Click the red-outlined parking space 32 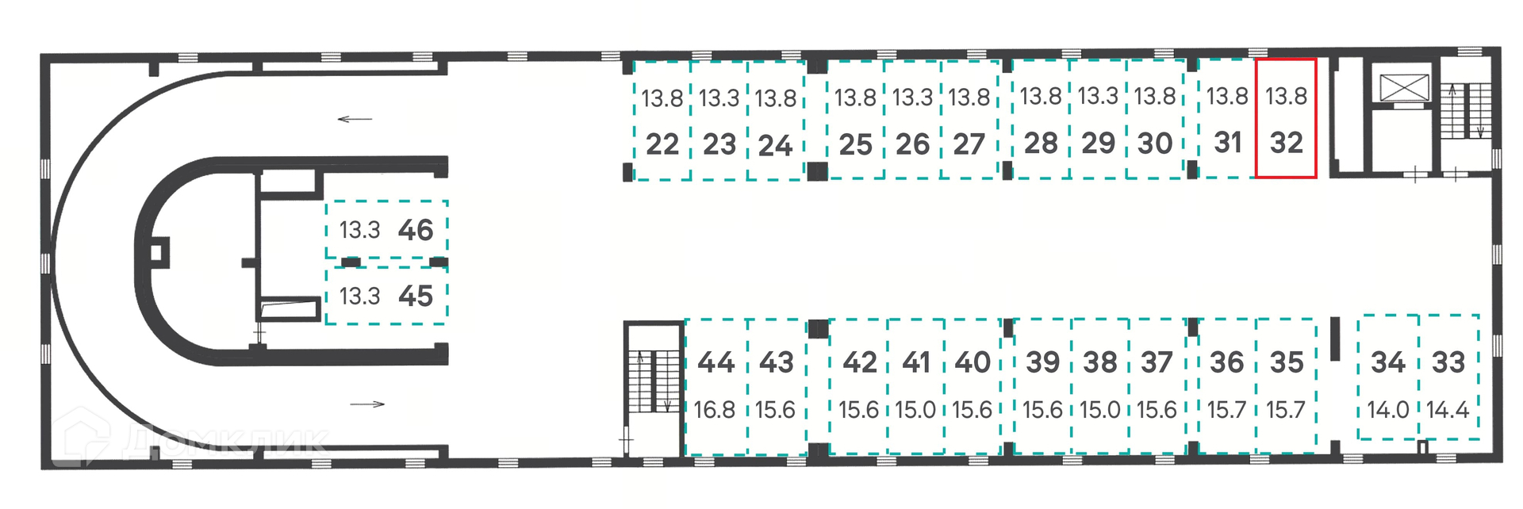pyautogui.click(x=1286, y=119)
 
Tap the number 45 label pyautogui.click(x=416, y=297)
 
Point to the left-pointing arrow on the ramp pyautogui.click(x=355, y=120)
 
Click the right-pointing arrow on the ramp pyautogui.click(x=367, y=404)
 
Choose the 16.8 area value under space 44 pyautogui.click(x=715, y=410)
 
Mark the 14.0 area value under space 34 pyautogui.click(x=1388, y=410)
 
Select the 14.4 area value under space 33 pyautogui.click(x=1448, y=410)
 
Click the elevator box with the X pyautogui.click(x=1404, y=87)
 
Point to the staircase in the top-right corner pyautogui.click(x=1466, y=110)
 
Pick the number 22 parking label pyautogui.click(x=662, y=144)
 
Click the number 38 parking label pyautogui.click(x=1100, y=362)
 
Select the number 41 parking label pyautogui.click(x=916, y=362)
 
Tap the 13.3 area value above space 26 pyautogui.click(x=912, y=98)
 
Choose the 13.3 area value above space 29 pyautogui.click(x=1098, y=96)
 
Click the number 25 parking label pyautogui.click(x=855, y=144)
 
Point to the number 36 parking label pyautogui.click(x=1226, y=362)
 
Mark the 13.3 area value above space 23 pyautogui.click(x=719, y=98)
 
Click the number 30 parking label pyautogui.click(x=1155, y=144)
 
